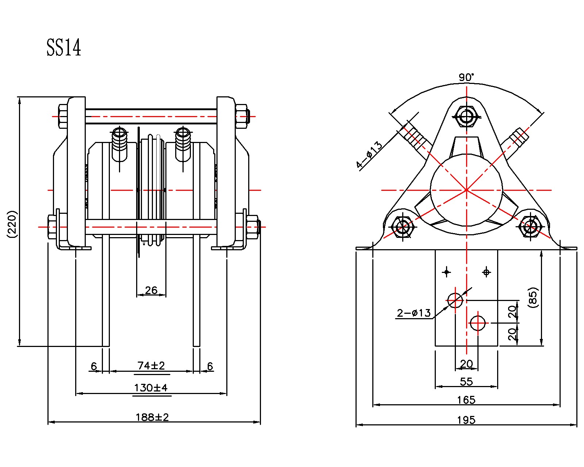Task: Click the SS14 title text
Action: click(x=64, y=48)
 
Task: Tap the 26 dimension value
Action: click(x=151, y=290)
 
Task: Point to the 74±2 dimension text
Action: click(x=151, y=365)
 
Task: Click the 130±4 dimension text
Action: click(x=151, y=387)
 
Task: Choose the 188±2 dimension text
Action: click(x=152, y=417)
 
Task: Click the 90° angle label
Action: click(x=466, y=77)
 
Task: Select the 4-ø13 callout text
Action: click(x=369, y=155)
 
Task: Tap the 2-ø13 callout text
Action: click(x=414, y=313)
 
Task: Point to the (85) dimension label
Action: click(x=533, y=298)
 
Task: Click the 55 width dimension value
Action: click(x=466, y=382)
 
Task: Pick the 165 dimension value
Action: click(x=466, y=400)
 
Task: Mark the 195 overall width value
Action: click(x=466, y=420)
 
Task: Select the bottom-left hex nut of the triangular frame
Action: click(x=402, y=227)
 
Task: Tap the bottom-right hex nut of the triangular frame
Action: click(x=530, y=227)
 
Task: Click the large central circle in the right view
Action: click(x=466, y=190)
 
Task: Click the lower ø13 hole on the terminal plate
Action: click(x=478, y=323)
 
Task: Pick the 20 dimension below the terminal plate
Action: click(x=466, y=364)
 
